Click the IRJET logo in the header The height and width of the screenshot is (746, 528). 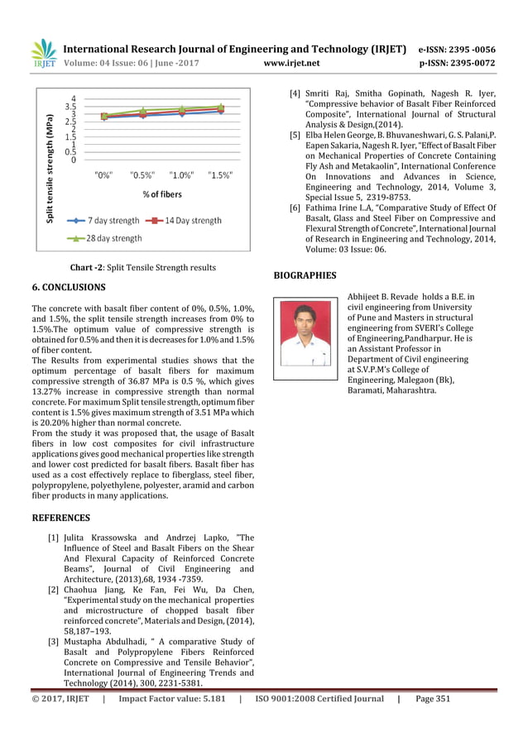44,54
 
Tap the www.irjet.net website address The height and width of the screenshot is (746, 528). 290,62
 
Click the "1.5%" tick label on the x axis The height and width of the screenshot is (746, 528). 219,175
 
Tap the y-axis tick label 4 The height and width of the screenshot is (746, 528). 74,98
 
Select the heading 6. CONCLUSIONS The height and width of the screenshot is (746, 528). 68,287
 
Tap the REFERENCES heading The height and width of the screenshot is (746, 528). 60,518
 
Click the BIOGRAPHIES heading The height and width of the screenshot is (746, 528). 305,275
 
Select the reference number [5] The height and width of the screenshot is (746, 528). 295,134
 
